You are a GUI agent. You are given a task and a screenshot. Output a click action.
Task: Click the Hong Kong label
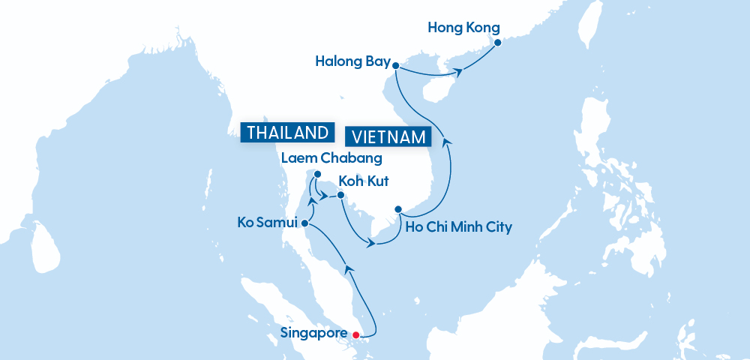pyautogui.click(x=463, y=28)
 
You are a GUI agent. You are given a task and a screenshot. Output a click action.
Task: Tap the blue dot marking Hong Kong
pyautogui.click(x=496, y=43)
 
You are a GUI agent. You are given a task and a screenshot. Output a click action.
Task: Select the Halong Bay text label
pyautogui.click(x=348, y=62)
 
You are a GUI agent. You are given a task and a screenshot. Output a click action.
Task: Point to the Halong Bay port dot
pyautogui.click(x=395, y=65)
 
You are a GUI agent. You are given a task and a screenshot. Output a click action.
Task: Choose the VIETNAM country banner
pyautogui.click(x=388, y=137)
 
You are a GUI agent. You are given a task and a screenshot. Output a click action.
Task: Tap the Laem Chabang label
pyautogui.click(x=331, y=158)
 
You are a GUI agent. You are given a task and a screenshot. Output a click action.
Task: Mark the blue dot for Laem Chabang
pyautogui.click(x=317, y=175)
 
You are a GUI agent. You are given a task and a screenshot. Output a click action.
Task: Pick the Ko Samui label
pyautogui.click(x=268, y=223)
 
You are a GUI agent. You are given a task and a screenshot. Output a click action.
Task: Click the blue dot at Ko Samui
pyautogui.click(x=305, y=223)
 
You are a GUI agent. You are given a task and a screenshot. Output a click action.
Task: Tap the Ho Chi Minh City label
pyautogui.click(x=458, y=226)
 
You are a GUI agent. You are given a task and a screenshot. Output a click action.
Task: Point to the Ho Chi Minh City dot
pyautogui.click(x=399, y=208)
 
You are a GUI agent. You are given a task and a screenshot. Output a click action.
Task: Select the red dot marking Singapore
pyautogui.click(x=356, y=334)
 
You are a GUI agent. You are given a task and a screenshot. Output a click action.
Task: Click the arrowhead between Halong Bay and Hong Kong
pyautogui.click(x=458, y=72)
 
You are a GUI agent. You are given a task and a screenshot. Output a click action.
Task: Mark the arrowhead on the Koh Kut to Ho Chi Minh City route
pyautogui.click(x=370, y=243)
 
